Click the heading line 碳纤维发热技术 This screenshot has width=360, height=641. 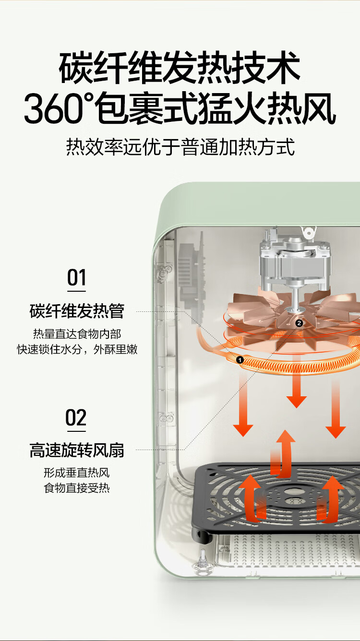(x=180, y=69)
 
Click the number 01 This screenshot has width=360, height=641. (x=76, y=278)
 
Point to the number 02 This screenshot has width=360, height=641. (x=76, y=418)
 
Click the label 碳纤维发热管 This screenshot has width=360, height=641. (x=77, y=311)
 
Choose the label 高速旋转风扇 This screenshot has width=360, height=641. (x=77, y=451)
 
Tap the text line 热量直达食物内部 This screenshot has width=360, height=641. (x=77, y=334)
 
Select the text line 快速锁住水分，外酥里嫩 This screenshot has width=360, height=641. (x=77, y=349)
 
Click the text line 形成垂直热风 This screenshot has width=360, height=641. (x=77, y=473)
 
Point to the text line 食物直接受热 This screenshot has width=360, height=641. (x=77, y=488)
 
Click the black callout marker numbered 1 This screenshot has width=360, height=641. (x=240, y=359)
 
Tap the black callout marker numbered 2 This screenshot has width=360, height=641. (x=299, y=323)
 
